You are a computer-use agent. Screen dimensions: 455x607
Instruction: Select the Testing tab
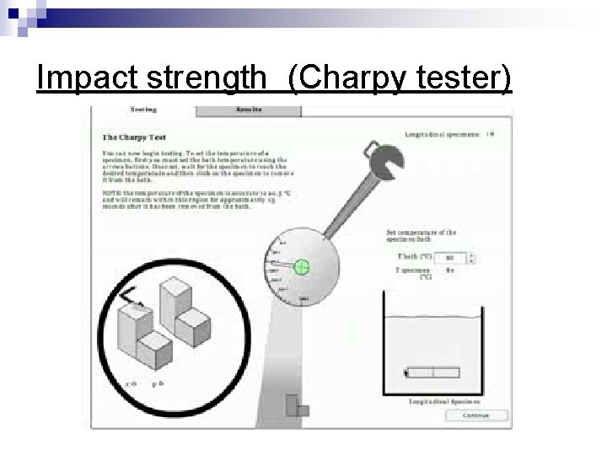click(142, 110)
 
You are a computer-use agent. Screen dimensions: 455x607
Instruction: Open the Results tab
click(248, 110)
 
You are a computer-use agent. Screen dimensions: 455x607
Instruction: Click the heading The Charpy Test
click(134, 136)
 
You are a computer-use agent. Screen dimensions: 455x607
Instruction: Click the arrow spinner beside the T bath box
click(473, 258)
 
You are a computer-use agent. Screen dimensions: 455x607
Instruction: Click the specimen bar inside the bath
click(432, 372)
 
